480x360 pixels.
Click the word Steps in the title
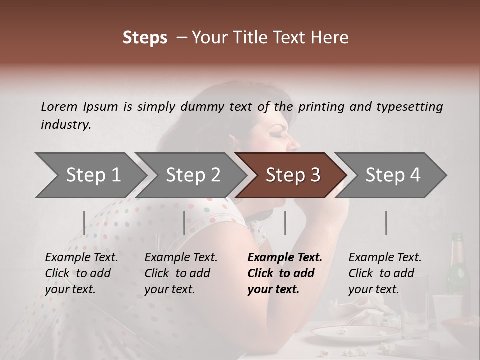tap(145, 38)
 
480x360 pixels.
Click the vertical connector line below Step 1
tap(84, 223)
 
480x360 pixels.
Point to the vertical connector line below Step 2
tap(184, 223)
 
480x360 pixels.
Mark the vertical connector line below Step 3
tap(285, 223)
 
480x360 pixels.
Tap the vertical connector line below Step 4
tap(386, 223)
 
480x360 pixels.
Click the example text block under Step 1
tap(81, 273)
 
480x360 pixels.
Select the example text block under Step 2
tap(180, 273)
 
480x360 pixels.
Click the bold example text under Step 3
tap(284, 273)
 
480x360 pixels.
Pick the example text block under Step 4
tap(384, 273)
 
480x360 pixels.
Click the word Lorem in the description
tap(59, 107)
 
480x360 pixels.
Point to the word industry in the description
tap(66, 125)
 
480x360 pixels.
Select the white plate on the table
tap(356, 332)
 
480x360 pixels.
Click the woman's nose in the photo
tap(295, 144)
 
